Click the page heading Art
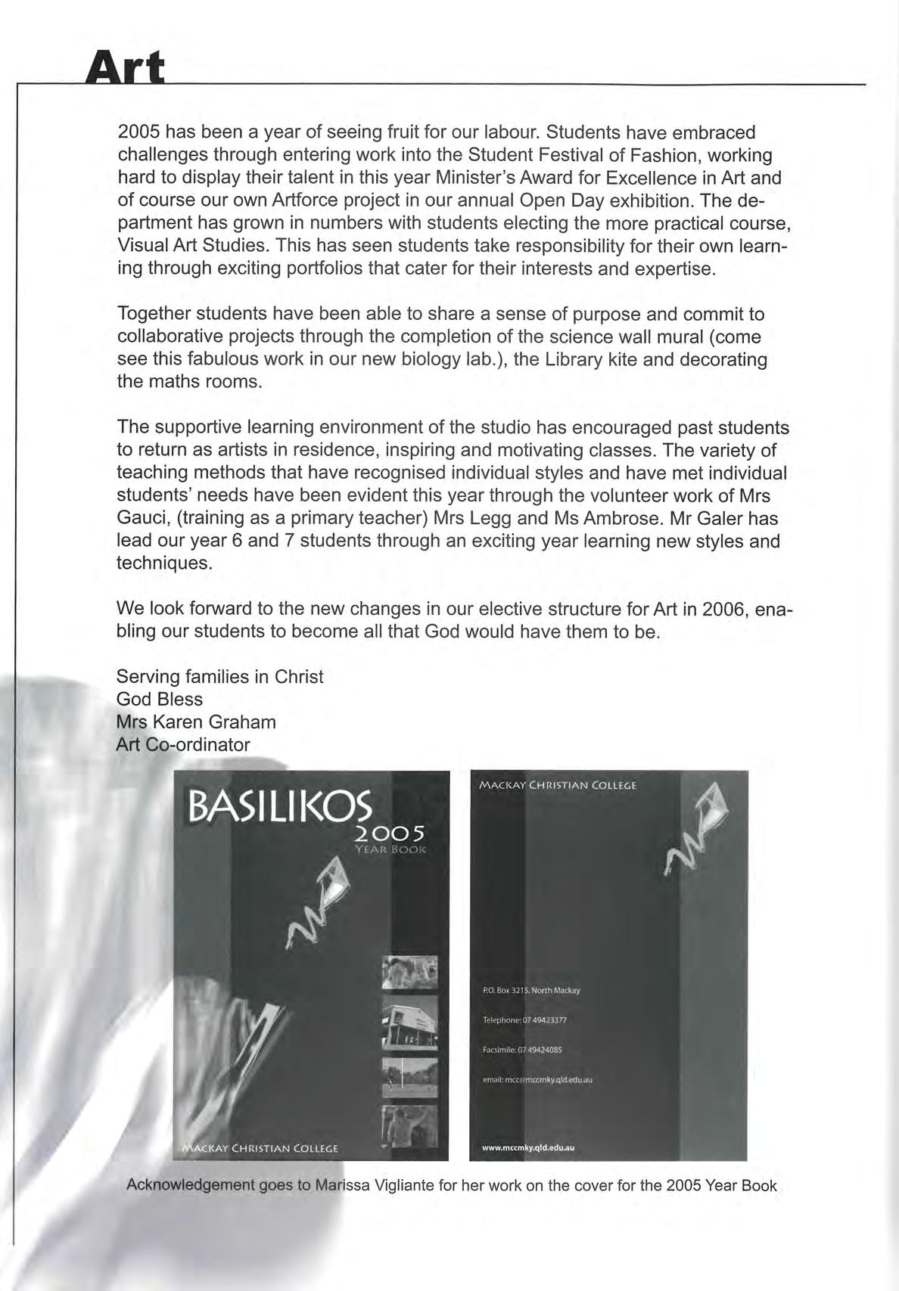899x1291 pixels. coord(125,69)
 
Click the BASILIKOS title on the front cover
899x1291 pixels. coord(280,807)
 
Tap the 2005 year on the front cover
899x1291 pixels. coord(390,833)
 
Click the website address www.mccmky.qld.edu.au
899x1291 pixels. coord(528,1147)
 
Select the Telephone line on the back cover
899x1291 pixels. coord(524,1019)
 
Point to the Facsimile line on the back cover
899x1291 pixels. coord(522,1050)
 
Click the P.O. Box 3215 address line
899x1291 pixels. coord(531,990)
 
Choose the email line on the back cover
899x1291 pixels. coord(537,1080)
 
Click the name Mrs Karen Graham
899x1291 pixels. coord(196,722)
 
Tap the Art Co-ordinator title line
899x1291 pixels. coord(183,744)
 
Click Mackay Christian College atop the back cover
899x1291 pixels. coord(558,786)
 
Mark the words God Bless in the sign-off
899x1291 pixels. coord(160,699)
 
